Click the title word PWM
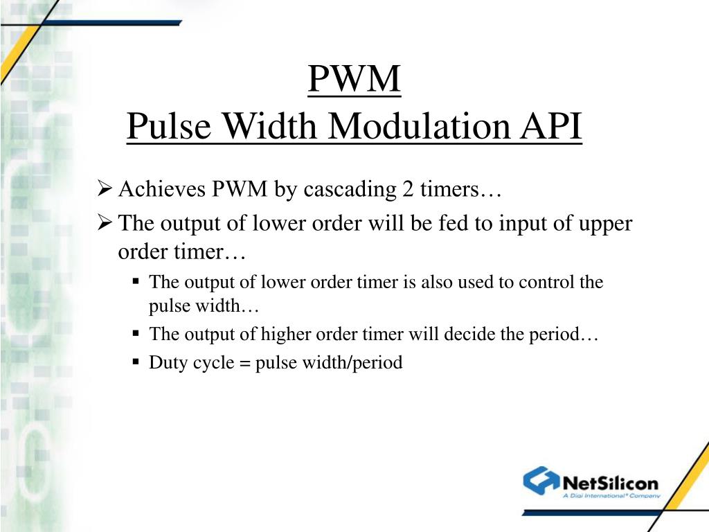coord(354,80)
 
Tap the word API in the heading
coord(553,127)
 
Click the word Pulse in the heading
coord(161,127)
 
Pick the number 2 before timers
coord(406,190)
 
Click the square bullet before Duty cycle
coord(136,362)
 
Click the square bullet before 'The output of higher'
coord(136,333)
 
